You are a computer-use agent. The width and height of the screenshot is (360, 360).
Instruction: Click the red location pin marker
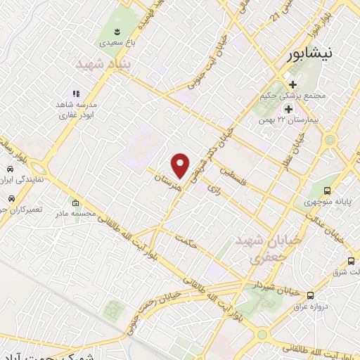(181, 164)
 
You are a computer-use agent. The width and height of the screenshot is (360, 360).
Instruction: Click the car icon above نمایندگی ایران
(12, 170)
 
